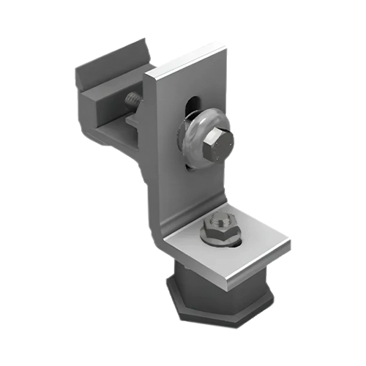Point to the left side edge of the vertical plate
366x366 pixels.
150,146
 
